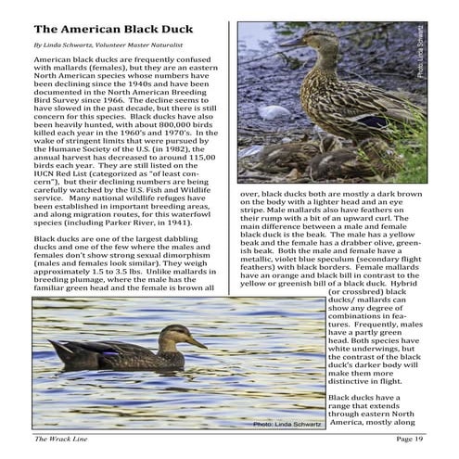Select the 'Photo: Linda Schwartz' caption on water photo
coord(286,424)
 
